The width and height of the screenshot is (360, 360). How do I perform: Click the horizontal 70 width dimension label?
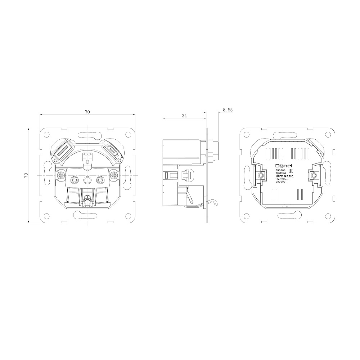pyautogui.click(x=87, y=112)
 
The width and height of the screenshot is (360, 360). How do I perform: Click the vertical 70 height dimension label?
pyautogui.click(x=26, y=175)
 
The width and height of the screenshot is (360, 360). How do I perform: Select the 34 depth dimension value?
pyautogui.click(x=184, y=116)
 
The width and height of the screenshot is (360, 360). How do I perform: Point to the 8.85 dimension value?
pyautogui.click(x=228, y=109)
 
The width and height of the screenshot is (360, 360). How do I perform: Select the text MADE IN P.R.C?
pyautogui.click(x=284, y=176)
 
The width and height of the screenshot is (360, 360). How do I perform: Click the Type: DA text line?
pyautogui.click(x=280, y=173)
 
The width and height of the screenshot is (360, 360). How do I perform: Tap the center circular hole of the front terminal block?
pyautogui.click(x=87, y=179)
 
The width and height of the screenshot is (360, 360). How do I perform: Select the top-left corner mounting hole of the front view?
pyautogui.click(x=47, y=135)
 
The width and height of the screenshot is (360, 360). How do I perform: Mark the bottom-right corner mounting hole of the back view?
pyautogui.click(x=327, y=217)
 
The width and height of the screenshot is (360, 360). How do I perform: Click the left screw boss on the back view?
pyautogui.click(x=260, y=175)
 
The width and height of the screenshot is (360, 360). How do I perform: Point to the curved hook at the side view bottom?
pyautogui.click(x=213, y=204)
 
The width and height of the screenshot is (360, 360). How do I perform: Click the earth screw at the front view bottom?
pyautogui.click(x=87, y=198)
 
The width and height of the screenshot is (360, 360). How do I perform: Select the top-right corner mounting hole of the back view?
pyautogui.click(x=327, y=135)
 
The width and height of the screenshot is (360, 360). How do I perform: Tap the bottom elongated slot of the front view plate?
pyautogui.click(x=87, y=216)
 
